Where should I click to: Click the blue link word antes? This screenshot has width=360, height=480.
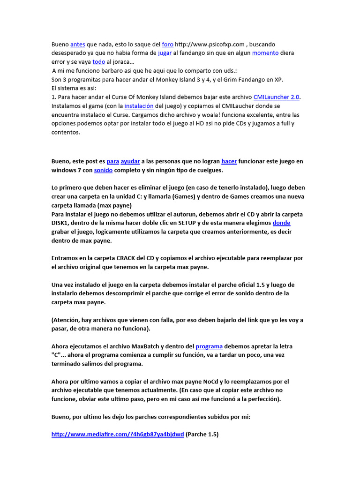click(x=77, y=45)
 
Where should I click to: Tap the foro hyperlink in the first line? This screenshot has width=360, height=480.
click(x=167, y=45)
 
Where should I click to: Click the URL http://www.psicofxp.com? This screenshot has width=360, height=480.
click(x=209, y=45)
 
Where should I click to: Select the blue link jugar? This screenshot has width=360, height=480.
click(x=165, y=53)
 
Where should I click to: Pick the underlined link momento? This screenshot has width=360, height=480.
click(x=265, y=53)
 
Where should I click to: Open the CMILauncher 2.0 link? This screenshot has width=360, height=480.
click(x=276, y=97)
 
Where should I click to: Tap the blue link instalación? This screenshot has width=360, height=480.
click(x=139, y=106)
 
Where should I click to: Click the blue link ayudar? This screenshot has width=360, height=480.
click(x=130, y=161)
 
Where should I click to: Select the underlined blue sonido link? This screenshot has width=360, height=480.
click(x=103, y=170)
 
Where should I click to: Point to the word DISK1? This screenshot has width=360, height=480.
click(x=60, y=223)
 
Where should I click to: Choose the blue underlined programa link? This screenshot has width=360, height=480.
click(x=209, y=346)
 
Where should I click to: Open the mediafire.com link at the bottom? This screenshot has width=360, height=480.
click(x=117, y=435)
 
